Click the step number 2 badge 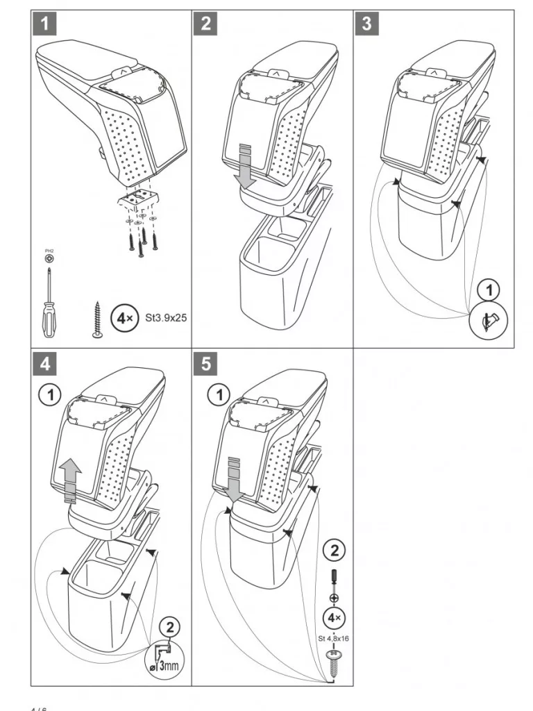tap(205, 24)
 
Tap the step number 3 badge tap(366, 24)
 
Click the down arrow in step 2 tap(243, 167)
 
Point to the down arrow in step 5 tap(236, 479)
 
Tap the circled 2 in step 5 tap(335, 551)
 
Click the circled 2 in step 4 tap(170, 626)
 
